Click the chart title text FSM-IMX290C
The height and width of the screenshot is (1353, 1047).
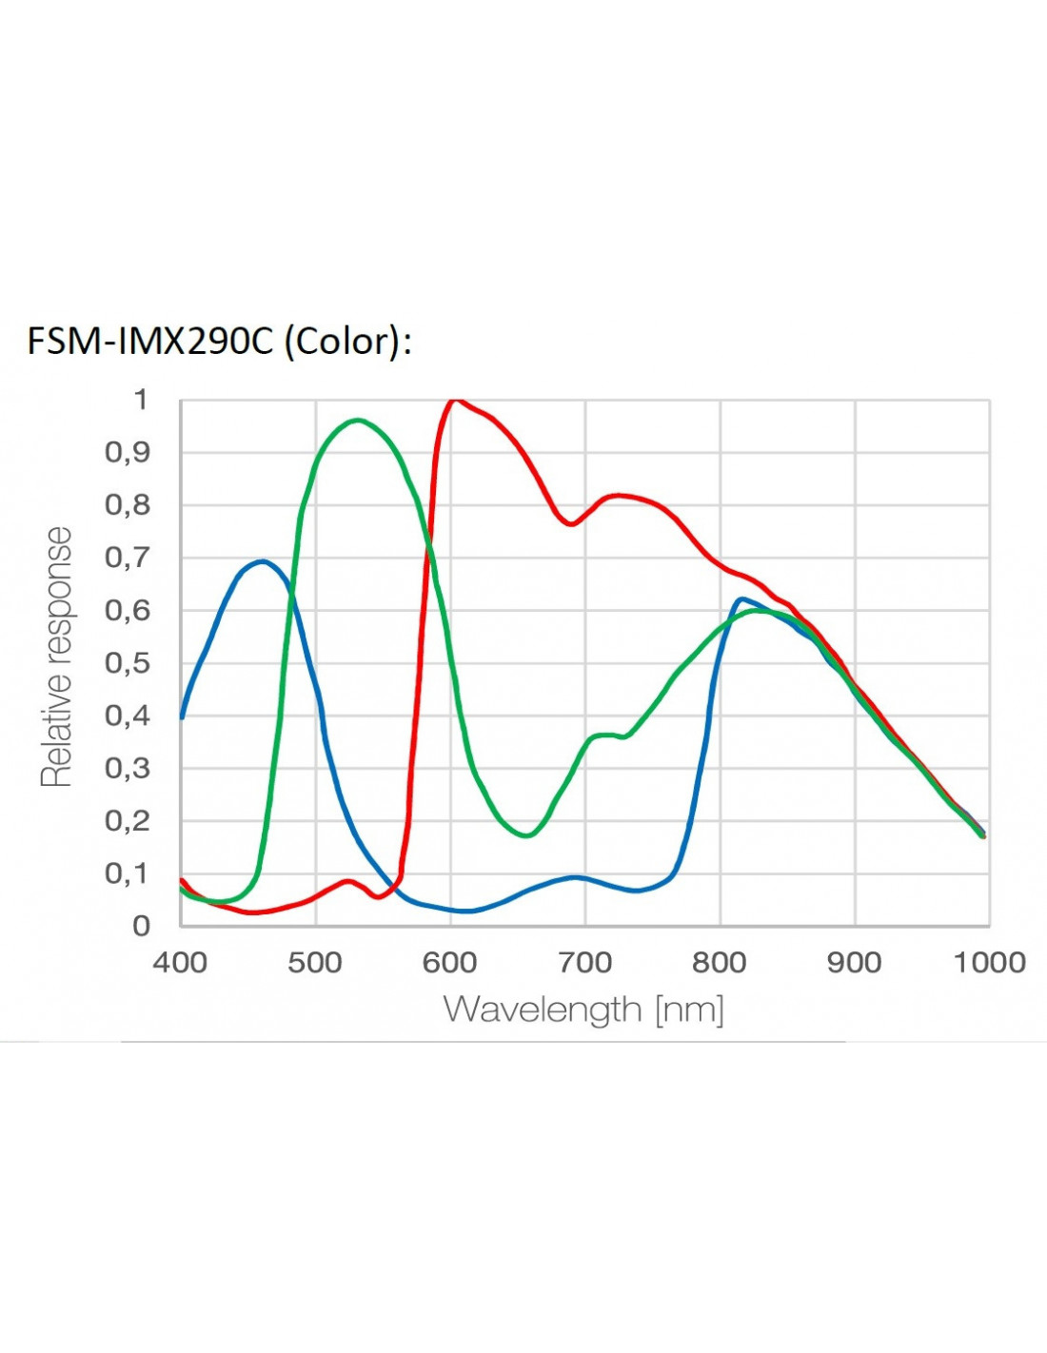coord(149,341)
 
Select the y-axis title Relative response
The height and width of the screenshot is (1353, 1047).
coord(57,657)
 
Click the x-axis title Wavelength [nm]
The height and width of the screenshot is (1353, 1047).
coord(583,1009)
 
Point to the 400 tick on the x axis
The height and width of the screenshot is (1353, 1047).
coord(180,963)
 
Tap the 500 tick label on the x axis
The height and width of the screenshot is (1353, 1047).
coord(315,963)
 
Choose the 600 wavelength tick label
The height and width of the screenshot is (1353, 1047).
coord(449,963)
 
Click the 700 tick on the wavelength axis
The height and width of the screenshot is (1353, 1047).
coord(584,963)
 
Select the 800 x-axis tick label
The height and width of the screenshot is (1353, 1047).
coord(720,963)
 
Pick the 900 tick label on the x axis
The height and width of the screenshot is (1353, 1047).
coord(854,963)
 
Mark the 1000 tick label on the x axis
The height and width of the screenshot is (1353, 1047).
coord(989,963)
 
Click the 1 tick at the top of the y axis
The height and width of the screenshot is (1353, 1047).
coord(141,400)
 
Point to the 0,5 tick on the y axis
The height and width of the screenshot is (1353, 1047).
coord(128,663)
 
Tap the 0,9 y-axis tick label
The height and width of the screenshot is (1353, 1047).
coord(128,452)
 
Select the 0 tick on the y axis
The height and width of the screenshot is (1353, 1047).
coord(141,926)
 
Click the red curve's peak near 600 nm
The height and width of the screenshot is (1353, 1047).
coord(454,401)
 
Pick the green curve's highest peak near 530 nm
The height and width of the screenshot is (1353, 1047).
coord(357,420)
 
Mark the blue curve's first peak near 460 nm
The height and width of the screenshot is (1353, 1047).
coord(262,561)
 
